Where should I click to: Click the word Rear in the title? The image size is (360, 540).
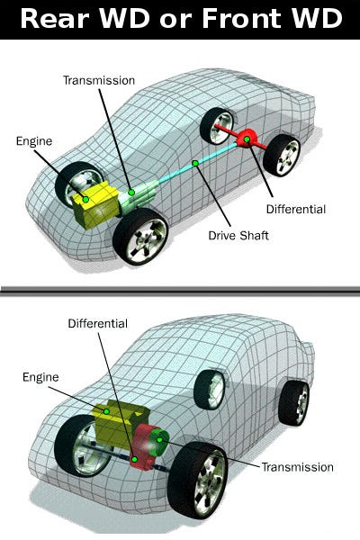pos(55,18)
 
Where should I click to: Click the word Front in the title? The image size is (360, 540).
pos(242,18)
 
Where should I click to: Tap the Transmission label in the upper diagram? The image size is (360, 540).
pos(99,80)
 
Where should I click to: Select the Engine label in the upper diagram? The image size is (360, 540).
pos(34,141)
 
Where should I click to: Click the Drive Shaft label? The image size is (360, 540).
pos(238,236)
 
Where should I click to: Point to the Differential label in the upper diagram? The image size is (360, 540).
pos(296,209)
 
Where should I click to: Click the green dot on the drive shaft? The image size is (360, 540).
pos(195,163)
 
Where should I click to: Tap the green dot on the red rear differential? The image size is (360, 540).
pos(247,139)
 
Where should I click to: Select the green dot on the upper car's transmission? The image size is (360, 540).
pos(131,193)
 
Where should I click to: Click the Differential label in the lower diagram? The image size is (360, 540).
pos(98,323)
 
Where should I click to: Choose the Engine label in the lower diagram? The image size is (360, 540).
pos(40,377)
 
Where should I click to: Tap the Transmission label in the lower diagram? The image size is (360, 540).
pos(298,467)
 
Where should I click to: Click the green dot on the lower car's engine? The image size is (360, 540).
pos(106,411)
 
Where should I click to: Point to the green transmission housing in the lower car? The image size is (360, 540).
pos(158,442)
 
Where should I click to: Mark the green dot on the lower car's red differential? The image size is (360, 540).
pos(135,459)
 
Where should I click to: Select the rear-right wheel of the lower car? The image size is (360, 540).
pos(294,403)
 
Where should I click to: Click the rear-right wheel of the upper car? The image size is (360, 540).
pos(282,156)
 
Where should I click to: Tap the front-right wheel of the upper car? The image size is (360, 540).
pos(140,237)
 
